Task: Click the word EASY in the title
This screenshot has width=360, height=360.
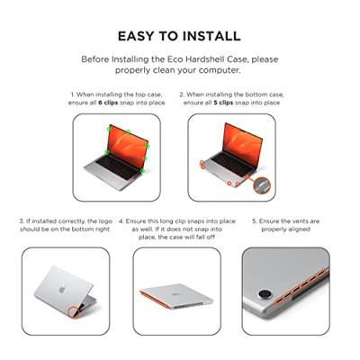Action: tap(138, 37)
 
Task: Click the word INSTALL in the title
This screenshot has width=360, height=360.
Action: tap(211, 37)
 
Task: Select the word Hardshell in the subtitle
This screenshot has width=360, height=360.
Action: tap(222, 59)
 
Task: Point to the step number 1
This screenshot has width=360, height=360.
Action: tap(73, 94)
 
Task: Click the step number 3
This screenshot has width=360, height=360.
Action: tap(22, 220)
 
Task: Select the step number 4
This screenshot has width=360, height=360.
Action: tap(129, 220)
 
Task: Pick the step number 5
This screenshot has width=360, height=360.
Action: tap(254, 220)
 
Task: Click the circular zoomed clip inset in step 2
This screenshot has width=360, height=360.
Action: tap(261, 184)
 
